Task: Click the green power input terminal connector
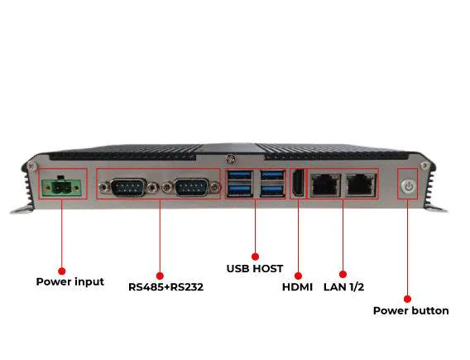pos(62,187)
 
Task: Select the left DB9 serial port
pos(128,187)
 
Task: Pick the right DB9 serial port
pos(191,187)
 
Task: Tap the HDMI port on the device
pos(298,183)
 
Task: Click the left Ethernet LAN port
pos(325,185)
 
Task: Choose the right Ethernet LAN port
pos(362,185)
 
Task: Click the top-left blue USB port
pos(240,175)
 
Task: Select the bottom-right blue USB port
pos(272,190)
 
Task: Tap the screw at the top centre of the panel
pos(230,159)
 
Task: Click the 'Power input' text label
pos(70,281)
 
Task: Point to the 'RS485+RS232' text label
pos(165,287)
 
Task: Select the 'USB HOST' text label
pos(255,269)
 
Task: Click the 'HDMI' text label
pos(297,287)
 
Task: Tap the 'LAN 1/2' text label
pos(343,287)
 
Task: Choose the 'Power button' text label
pos(411,311)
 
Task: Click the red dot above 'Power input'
pos(62,271)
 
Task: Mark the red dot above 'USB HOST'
pos(255,257)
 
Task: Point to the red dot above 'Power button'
pos(407,299)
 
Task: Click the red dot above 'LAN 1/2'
pos(343,274)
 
